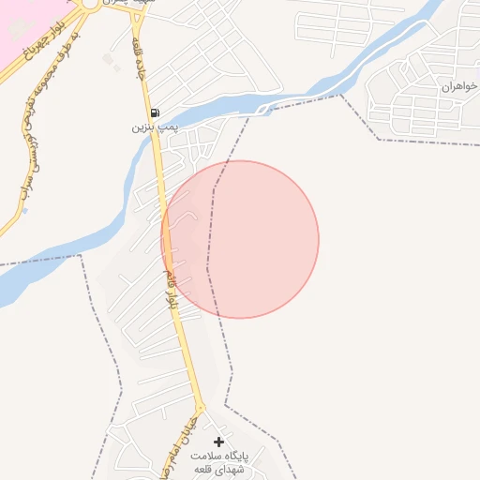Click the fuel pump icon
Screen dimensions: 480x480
155,112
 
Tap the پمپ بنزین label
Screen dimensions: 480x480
153,126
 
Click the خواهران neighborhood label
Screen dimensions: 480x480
459,86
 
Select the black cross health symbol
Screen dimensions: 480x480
219,442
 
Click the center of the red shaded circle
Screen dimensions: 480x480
240,239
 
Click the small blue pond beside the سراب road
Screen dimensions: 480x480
25,210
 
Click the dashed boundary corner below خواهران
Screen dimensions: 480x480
380,140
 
